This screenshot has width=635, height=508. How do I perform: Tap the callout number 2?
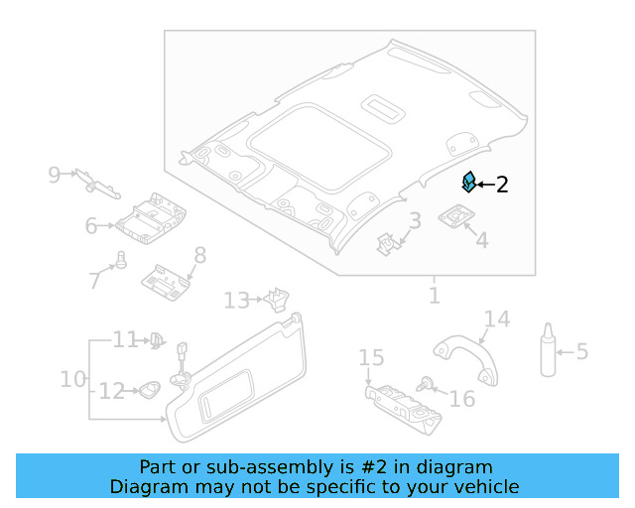(x=502, y=185)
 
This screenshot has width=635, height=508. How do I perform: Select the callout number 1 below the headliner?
(x=434, y=296)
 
